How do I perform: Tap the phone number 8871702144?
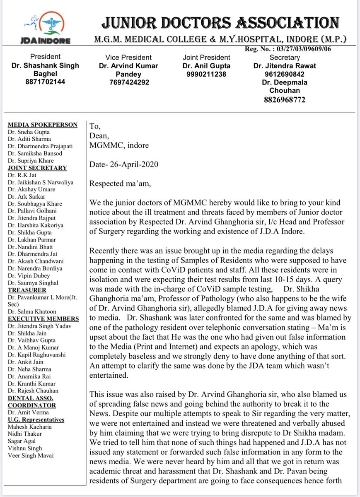(46, 82)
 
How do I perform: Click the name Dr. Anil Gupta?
(206, 65)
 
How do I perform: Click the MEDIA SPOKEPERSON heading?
(42, 125)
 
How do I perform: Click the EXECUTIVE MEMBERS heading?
(43, 318)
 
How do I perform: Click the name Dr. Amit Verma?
(27, 412)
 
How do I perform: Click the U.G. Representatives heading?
(36, 420)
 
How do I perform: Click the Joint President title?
(206, 58)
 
